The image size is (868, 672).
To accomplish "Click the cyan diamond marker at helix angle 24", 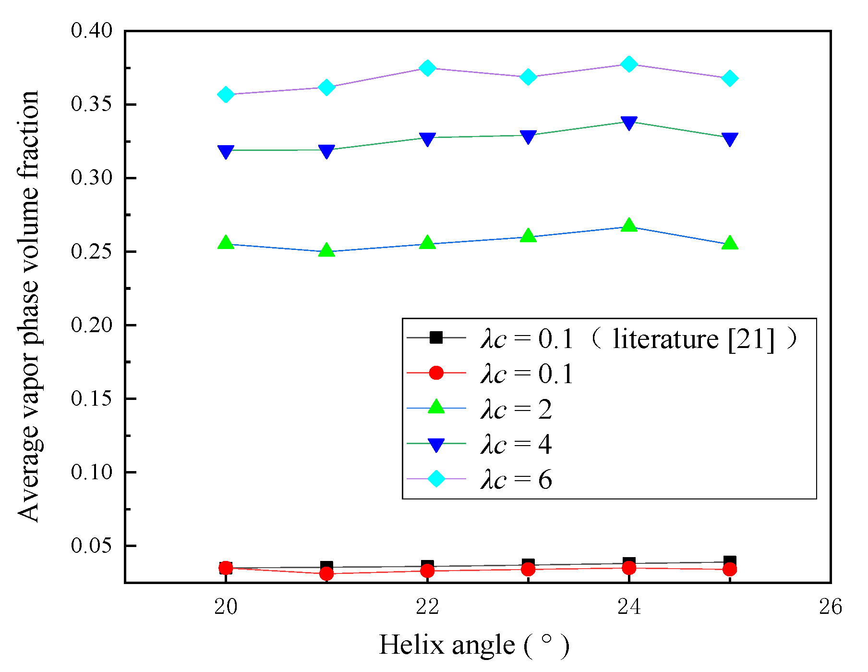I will click(628, 64).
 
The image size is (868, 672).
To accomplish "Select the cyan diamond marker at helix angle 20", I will click(226, 95).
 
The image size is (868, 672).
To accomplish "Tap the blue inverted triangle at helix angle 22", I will click(427, 139).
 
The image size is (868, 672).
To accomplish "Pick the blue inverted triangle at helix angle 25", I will click(729, 139).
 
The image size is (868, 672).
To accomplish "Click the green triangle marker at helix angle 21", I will click(326, 250).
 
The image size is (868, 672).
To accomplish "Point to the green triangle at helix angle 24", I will click(628, 225).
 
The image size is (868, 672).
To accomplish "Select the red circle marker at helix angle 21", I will click(326, 573).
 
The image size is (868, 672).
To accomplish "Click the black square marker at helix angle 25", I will click(730, 561).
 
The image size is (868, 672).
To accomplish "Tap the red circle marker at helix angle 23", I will click(528, 570).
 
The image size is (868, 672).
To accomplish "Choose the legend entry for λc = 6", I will click(516, 480).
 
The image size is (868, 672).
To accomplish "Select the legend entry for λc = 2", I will click(516, 410).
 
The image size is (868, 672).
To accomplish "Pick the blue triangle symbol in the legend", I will click(436, 445).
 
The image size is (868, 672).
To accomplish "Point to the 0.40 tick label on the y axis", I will click(91, 31).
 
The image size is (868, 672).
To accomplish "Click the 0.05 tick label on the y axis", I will click(91, 546).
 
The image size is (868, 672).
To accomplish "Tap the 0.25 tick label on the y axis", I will click(91, 251).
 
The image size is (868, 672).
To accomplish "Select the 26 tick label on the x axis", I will click(830, 607).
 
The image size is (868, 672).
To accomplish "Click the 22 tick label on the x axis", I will click(427, 607).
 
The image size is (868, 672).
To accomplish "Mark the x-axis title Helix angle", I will click(473, 646).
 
